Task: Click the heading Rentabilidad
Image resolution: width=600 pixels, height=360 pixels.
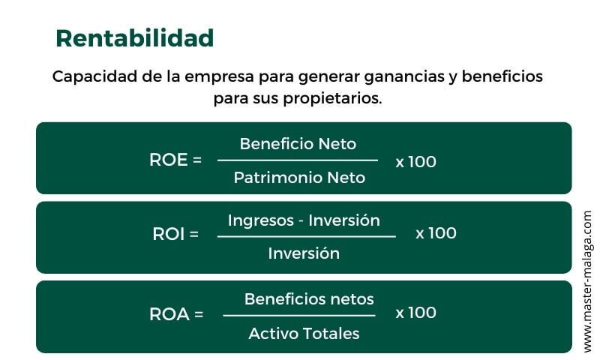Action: [x=135, y=38]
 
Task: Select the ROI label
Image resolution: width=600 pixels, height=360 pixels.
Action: [x=175, y=233]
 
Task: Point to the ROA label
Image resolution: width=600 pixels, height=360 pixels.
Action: [x=176, y=314]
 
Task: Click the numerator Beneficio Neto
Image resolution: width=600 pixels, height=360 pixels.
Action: [x=298, y=143]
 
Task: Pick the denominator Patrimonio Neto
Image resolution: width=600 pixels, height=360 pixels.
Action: [x=299, y=178]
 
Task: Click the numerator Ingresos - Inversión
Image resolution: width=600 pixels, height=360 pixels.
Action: [x=304, y=220]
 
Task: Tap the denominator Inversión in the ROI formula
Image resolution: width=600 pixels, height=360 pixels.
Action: [x=304, y=253]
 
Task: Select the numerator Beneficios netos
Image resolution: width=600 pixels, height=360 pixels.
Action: [x=309, y=298]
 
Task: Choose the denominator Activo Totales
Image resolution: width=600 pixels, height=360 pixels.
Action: [x=304, y=333]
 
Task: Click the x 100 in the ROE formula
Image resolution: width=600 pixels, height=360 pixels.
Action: [x=415, y=161]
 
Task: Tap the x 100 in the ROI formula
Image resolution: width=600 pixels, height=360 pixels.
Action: [x=436, y=233]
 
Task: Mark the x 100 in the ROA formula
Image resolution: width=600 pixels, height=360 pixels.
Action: [x=415, y=313]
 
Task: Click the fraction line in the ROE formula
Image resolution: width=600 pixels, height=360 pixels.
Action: [x=298, y=160]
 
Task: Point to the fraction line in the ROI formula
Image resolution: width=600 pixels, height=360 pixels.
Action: [x=306, y=237]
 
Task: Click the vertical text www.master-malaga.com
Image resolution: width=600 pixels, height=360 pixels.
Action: [x=587, y=281]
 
